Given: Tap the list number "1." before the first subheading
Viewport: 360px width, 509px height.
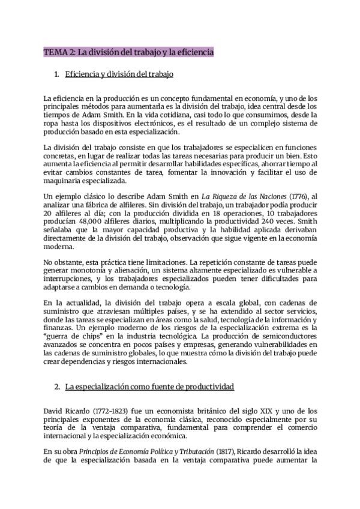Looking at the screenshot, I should [56, 75].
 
